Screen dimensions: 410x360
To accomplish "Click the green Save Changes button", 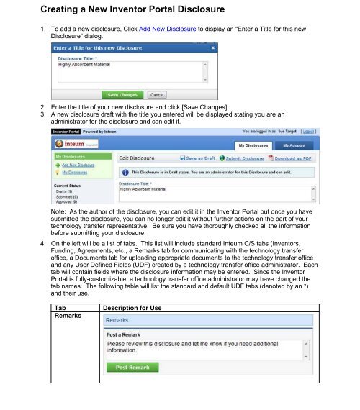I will (x=122, y=94).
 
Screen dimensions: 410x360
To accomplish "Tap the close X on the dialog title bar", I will (x=213, y=47).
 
